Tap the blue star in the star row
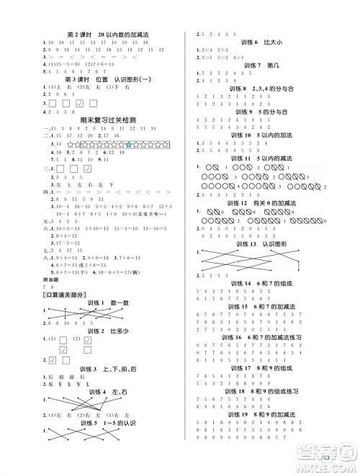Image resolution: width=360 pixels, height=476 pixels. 127,145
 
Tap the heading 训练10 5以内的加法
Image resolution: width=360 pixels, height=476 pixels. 260,135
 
